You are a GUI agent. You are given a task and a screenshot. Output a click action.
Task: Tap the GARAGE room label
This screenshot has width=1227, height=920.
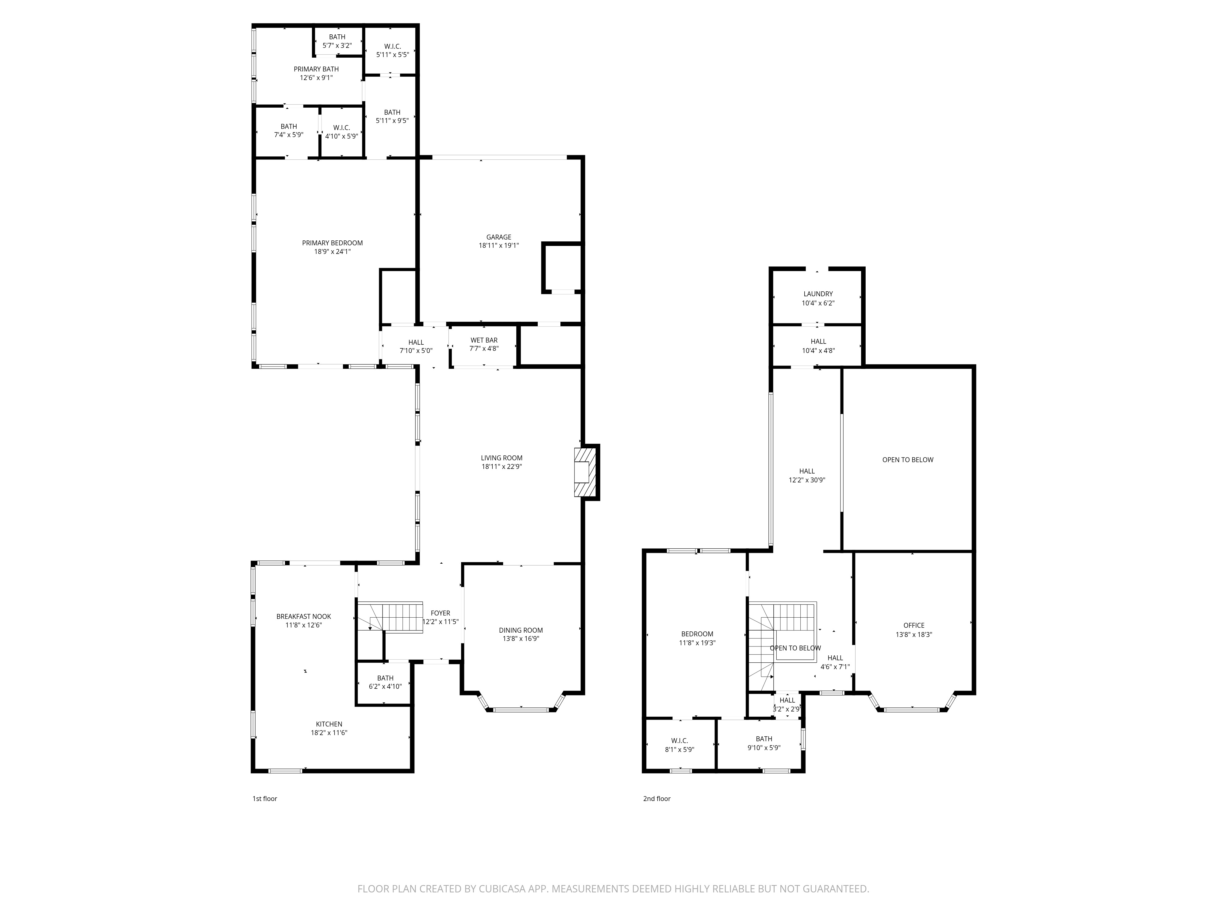(x=499, y=237)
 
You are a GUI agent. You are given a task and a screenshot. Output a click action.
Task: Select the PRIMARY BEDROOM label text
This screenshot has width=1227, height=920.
(x=332, y=243)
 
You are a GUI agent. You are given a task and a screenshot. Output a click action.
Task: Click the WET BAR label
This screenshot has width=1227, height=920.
(x=484, y=340)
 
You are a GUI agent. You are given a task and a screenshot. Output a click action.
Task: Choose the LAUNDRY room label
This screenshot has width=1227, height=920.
(x=818, y=294)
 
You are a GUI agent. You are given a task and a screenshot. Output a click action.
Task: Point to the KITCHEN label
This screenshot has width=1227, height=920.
(x=329, y=724)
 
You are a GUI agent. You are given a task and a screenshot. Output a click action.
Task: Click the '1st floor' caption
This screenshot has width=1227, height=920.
(x=265, y=799)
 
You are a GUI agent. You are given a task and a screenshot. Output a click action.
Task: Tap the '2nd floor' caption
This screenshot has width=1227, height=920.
(x=657, y=799)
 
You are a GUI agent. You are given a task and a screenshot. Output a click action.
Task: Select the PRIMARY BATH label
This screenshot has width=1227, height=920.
(x=316, y=69)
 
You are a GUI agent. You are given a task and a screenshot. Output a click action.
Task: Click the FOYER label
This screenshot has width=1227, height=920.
(x=440, y=613)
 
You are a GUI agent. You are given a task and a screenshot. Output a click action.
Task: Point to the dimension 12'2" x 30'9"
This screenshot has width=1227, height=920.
(x=807, y=480)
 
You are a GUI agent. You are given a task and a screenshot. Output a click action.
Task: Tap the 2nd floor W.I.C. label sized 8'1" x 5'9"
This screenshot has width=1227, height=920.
(x=679, y=740)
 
